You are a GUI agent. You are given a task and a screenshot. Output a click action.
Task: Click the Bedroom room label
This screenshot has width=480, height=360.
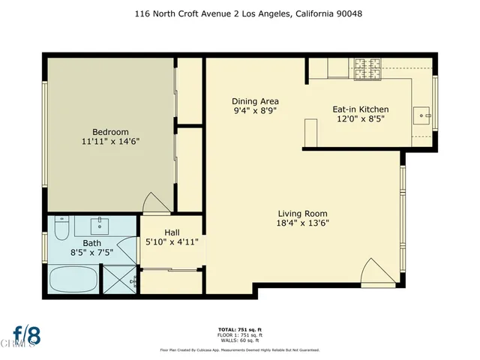point(110,128)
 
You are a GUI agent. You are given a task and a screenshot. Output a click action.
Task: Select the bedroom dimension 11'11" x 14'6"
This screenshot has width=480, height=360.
point(110,140)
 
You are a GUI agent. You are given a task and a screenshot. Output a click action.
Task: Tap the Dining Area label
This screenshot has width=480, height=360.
point(254,101)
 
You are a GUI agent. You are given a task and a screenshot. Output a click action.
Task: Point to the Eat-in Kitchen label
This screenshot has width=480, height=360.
point(360,109)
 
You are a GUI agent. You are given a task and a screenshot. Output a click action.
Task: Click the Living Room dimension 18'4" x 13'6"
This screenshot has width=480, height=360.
point(303,222)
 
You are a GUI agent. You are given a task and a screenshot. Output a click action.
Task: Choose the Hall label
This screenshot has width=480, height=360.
point(171,231)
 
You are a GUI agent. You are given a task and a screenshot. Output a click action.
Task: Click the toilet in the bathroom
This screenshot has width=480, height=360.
point(62,226)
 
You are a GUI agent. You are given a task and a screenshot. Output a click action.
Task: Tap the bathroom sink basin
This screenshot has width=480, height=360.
point(100,224)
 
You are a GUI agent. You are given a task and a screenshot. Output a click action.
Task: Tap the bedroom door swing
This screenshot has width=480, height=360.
point(154,202)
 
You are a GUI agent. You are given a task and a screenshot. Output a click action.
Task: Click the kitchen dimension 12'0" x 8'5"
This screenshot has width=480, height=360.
point(360,121)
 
